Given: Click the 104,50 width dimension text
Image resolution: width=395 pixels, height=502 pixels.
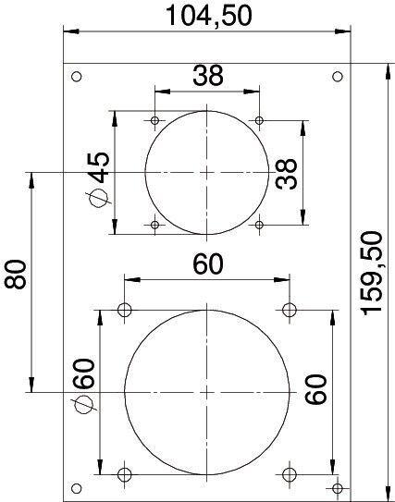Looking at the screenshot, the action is coord(208,16).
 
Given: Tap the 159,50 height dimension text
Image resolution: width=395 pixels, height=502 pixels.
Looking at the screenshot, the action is coord(372,274).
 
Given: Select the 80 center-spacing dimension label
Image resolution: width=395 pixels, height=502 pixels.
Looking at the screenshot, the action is coord(15,275).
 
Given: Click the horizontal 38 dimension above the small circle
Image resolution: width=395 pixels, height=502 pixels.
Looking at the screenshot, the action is coord(208,76).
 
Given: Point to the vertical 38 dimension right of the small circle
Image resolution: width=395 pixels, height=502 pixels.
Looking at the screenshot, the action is coord(286,174).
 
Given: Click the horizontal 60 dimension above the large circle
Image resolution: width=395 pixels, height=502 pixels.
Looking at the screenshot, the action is coord(207,264).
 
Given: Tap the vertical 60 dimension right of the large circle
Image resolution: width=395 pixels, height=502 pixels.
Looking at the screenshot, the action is coord(315,388).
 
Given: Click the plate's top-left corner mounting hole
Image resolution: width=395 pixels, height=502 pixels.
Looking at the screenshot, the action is coord(76,77).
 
